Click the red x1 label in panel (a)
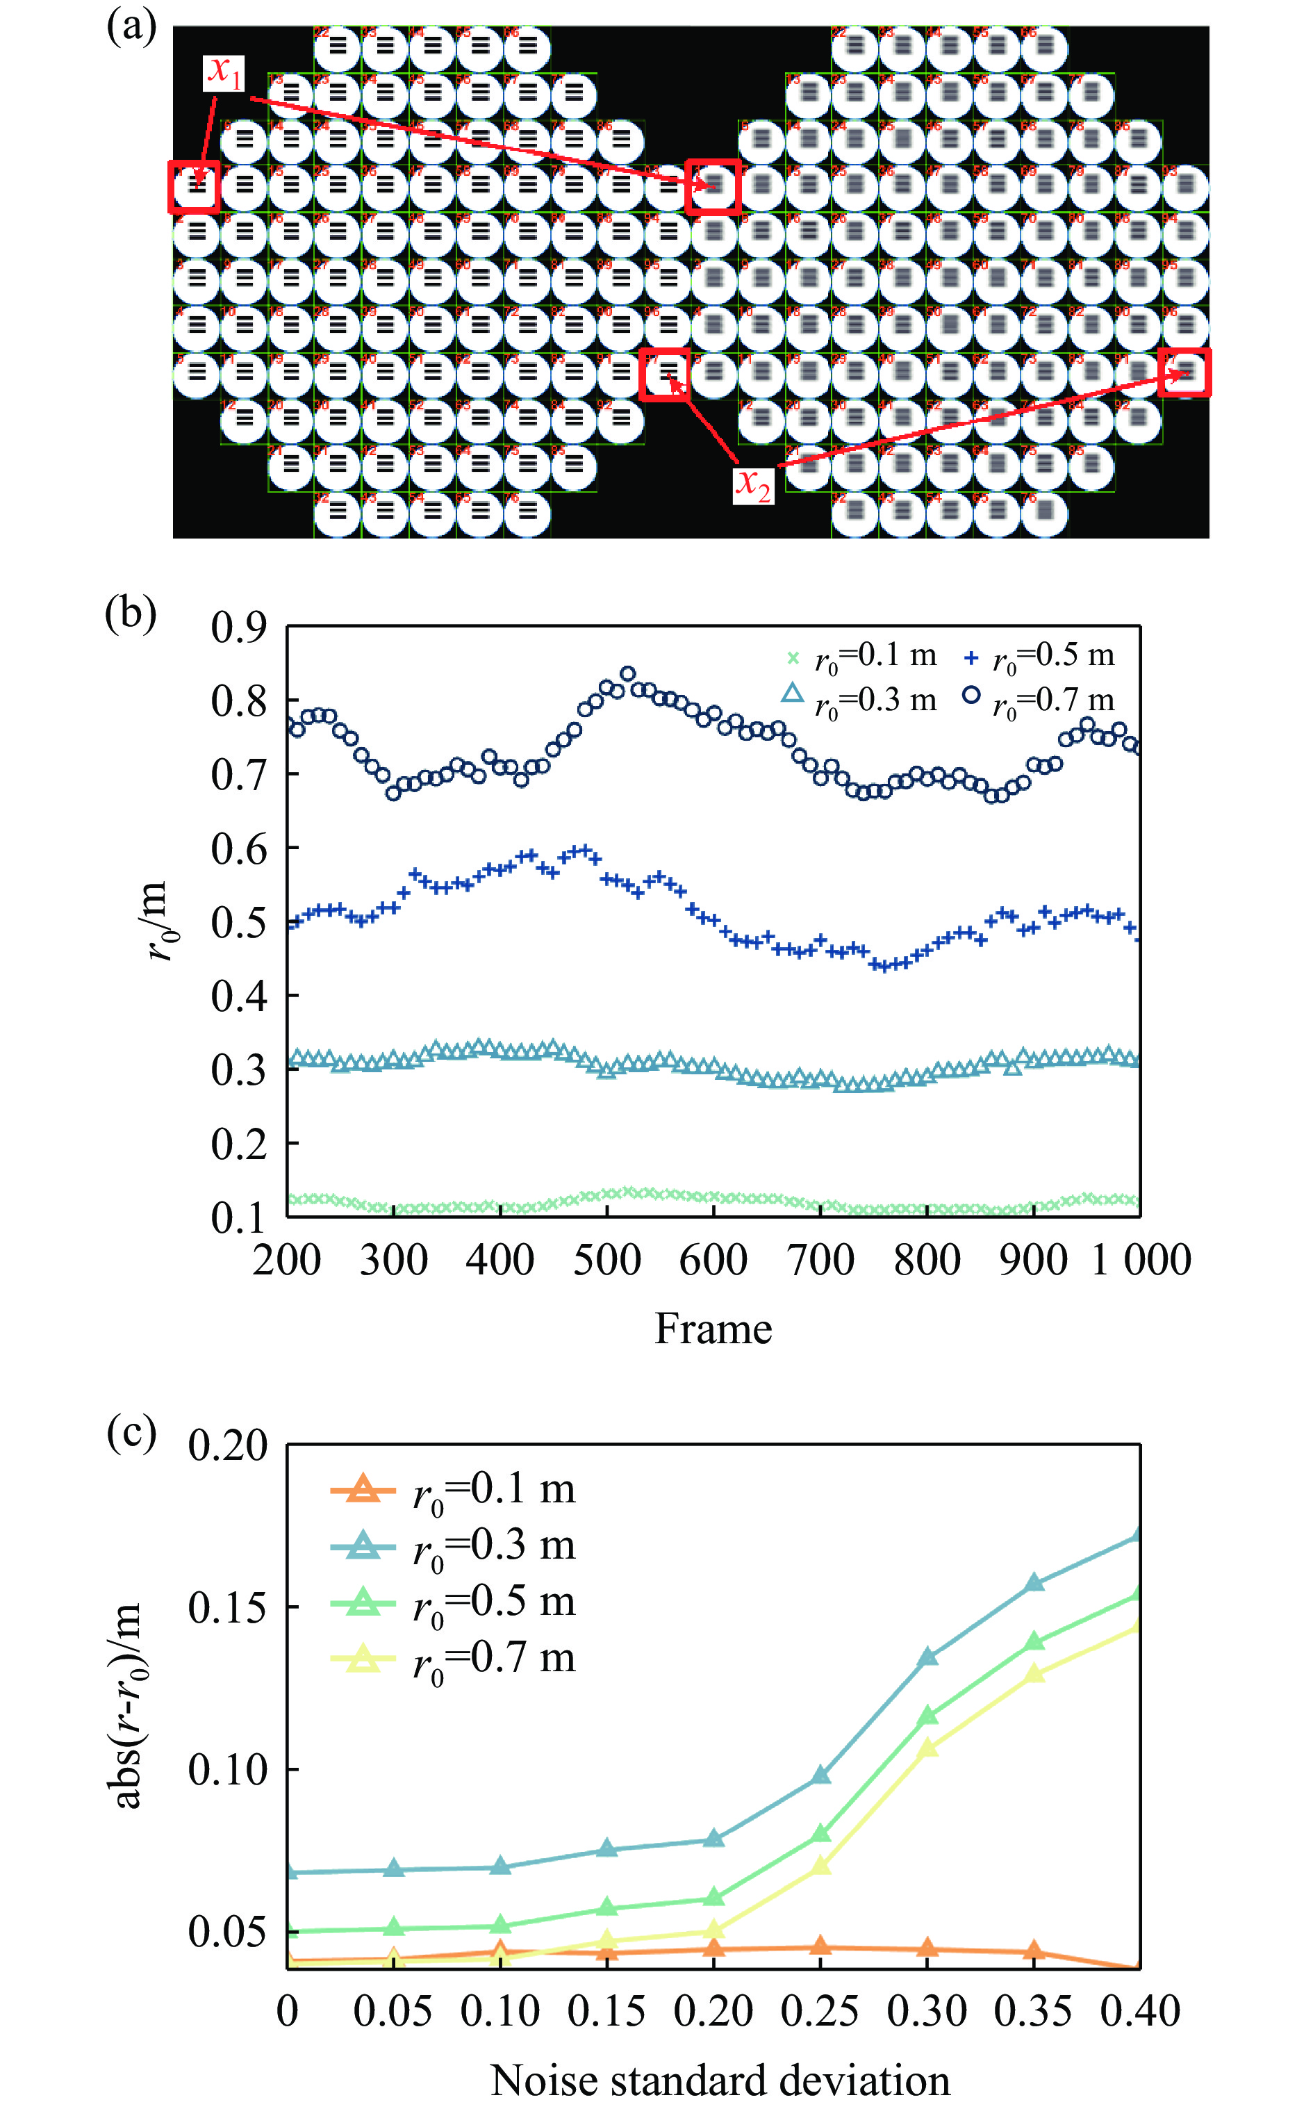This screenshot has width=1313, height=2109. coord(224,73)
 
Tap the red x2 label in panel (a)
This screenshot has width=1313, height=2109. coord(752,486)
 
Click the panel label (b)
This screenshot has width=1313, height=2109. coord(131,613)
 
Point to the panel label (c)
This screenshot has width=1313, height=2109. coord(131,1432)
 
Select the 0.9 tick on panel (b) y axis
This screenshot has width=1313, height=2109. coord(239,627)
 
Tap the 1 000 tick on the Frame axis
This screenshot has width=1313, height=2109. coord(1140,1259)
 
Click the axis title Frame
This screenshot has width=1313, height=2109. coord(713,1329)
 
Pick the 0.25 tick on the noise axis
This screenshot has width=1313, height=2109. coord(820,2011)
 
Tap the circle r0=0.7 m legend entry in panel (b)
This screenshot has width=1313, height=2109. coord(1039,699)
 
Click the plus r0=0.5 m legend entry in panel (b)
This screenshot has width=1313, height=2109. coord(1039,656)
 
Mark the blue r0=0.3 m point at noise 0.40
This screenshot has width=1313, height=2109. coord(1139,1536)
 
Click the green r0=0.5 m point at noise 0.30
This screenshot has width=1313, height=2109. coord(927,1716)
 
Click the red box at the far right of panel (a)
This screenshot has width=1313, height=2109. coord(1184,372)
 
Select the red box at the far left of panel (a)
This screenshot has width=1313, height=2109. coord(195,186)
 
